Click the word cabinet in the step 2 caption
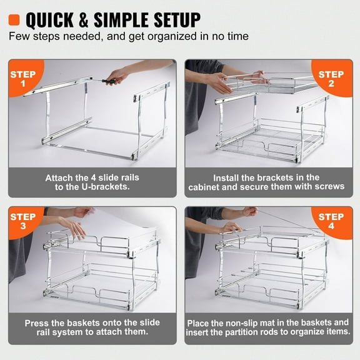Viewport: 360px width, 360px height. tap(209, 187)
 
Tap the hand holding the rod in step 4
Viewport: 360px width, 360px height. tap(232, 226)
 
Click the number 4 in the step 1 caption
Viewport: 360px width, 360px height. tap(85, 177)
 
